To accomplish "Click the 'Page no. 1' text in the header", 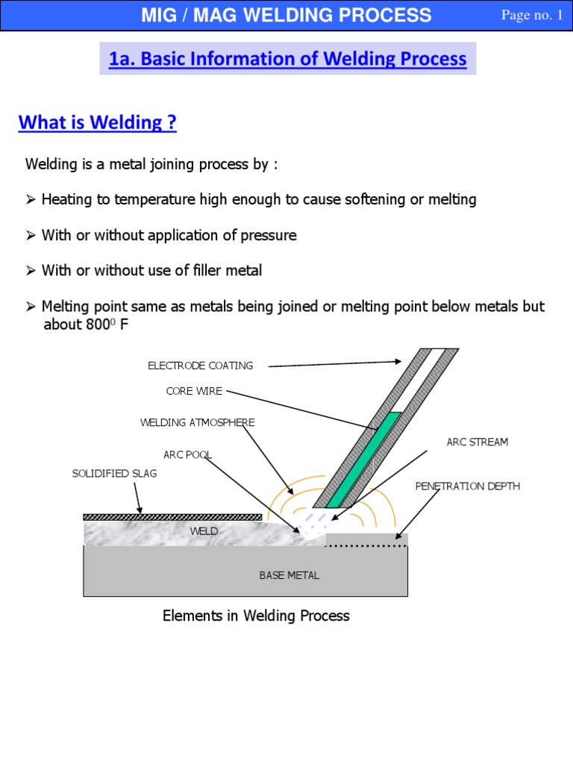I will pos(532,16).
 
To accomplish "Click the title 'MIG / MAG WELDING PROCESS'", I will pos(286,15).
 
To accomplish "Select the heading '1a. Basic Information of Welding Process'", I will pos(287,59).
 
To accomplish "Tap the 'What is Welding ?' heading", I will pos(97,122).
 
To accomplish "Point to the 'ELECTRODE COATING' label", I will pos(200,366).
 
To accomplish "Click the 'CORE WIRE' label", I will pos(194,391).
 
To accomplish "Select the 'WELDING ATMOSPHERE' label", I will pos(198,422).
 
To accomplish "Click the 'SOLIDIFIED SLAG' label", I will pos(114,474).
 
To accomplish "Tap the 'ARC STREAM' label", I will pos(477,442).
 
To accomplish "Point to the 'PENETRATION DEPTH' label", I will pos(467,486).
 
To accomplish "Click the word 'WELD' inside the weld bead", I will pos(204,531).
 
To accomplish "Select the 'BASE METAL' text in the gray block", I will pos(289,575).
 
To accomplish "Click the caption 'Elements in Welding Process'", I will pos(256,616).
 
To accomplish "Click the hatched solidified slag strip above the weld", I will pos(172,516).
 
